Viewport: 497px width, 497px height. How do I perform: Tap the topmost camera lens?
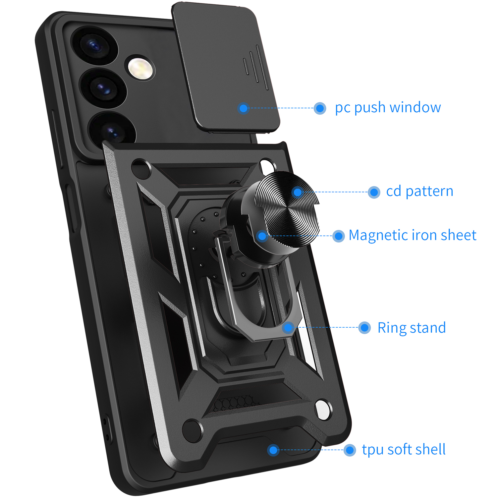(95, 46)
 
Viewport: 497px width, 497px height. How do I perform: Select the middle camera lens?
(103, 87)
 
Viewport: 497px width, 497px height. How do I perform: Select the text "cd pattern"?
(419, 191)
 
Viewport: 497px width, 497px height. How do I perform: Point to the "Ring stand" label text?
(412, 328)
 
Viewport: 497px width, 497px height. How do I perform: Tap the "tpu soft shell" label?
(404, 449)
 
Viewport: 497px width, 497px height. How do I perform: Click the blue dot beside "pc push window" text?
(320, 108)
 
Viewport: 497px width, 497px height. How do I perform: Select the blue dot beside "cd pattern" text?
(374, 192)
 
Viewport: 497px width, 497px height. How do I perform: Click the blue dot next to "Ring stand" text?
(364, 328)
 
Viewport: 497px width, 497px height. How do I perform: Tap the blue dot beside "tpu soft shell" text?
(350, 450)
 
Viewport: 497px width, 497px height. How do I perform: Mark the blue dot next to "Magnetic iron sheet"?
(338, 236)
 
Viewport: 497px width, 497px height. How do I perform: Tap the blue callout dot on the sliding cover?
(244, 108)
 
